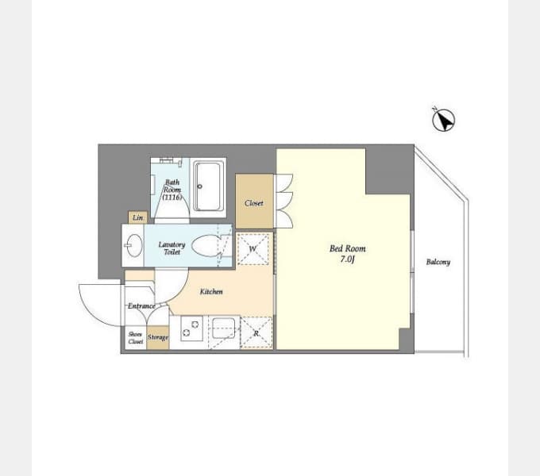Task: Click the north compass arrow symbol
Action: click(444, 120)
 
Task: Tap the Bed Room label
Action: click(348, 248)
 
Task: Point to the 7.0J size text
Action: click(347, 259)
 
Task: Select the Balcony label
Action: click(438, 262)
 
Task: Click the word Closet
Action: click(254, 203)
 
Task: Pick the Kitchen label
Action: click(211, 292)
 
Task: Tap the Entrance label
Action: click(141, 305)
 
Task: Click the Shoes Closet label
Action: click(135, 338)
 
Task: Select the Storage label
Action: click(158, 337)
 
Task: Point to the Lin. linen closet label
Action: click(137, 217)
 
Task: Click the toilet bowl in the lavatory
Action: click(206, 246)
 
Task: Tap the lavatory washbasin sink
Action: click(134, 245)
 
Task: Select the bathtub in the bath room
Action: click(208, 186)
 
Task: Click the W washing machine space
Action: click(253, 249)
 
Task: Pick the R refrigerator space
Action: click(256, 332)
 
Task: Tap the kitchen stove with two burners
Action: click(191, 328)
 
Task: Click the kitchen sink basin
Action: click(224, 328)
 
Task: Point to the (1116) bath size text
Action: click(172, 198)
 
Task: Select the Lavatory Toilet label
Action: click(172, 248)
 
